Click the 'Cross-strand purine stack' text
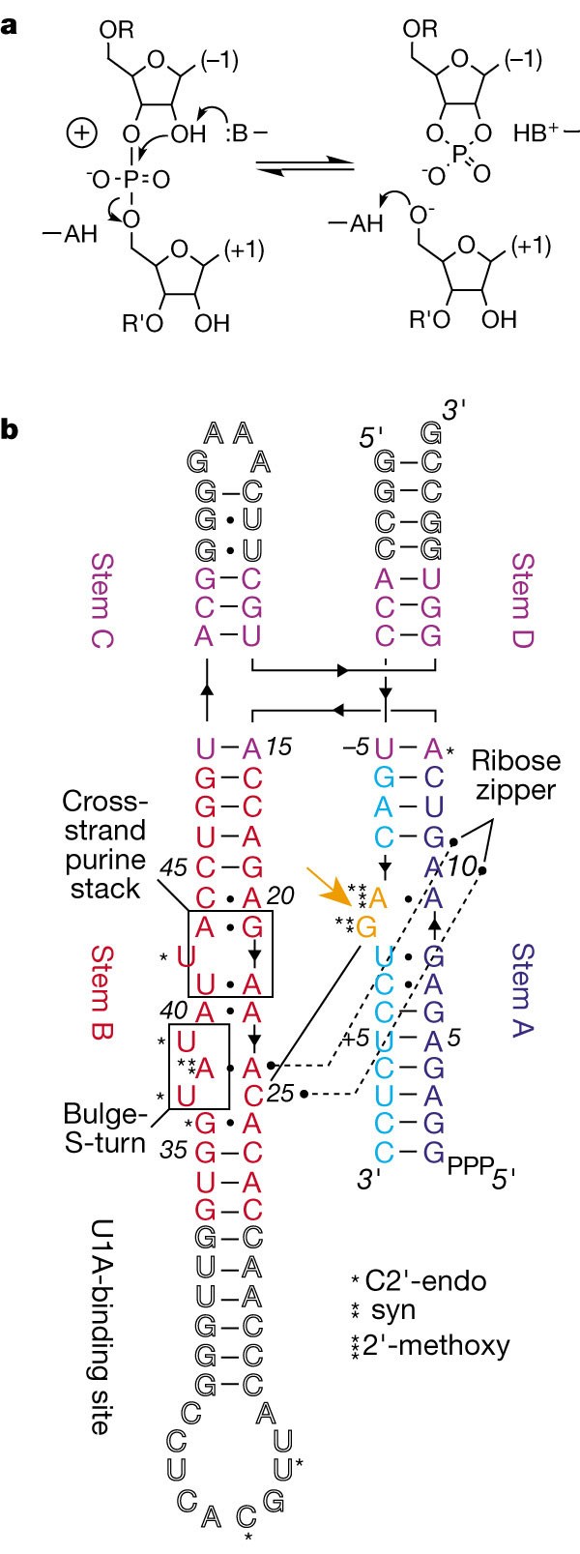103,844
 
